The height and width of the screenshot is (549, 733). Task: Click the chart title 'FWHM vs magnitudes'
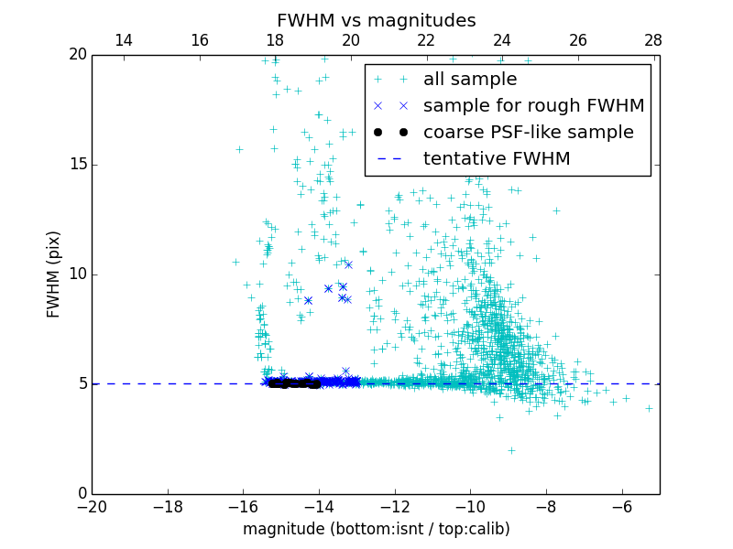(376, 20)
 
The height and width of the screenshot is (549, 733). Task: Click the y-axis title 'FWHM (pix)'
(54, 274)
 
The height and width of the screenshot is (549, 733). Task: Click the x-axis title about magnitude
(376, 529)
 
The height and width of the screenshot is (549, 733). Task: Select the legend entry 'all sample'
(469, 80)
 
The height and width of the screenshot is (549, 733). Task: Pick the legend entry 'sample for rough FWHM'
(533, 106)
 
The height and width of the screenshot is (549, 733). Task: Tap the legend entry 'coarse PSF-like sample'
(528, 133)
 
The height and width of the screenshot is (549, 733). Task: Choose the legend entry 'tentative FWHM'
(496, 159)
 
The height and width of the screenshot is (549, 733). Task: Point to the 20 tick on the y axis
(76, 55)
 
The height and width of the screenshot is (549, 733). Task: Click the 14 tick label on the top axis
(123, 40)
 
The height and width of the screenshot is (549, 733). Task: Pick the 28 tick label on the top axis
(653, 40)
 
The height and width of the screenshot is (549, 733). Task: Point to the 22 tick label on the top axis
(426, 40)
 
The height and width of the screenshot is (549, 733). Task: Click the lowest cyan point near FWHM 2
(511, 450)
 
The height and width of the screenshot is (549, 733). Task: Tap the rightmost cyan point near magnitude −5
(649, 408)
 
